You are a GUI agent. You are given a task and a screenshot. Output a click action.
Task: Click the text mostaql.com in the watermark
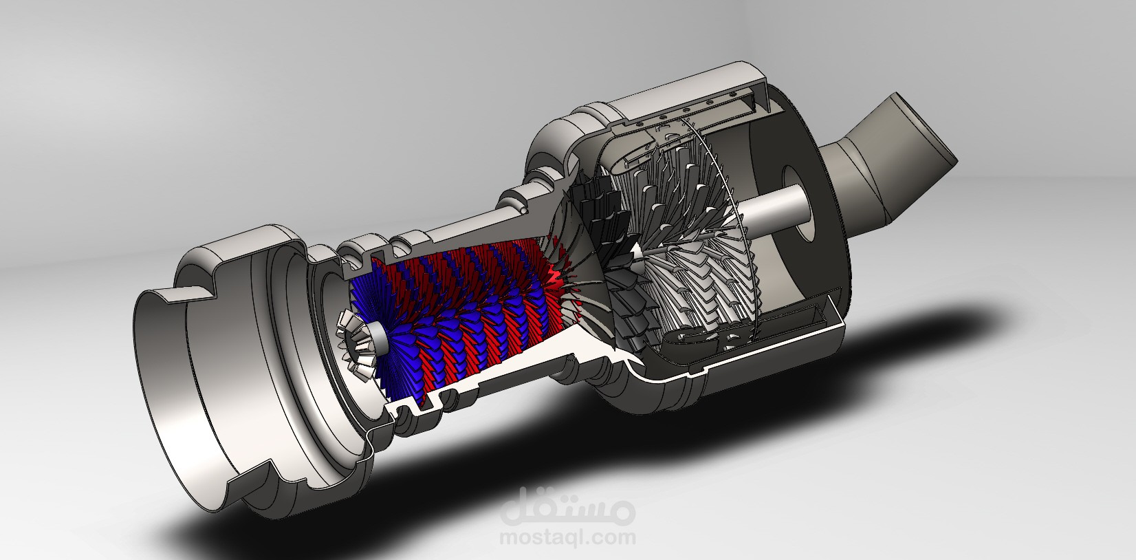click(567, 537)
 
